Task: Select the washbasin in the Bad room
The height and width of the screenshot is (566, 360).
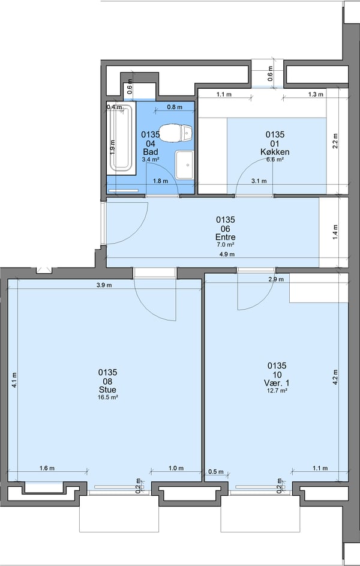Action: (184, 164)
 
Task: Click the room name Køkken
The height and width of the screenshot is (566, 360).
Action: (275, 152)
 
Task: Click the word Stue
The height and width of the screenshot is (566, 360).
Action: (107, 389)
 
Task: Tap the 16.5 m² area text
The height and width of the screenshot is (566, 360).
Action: (107, 397)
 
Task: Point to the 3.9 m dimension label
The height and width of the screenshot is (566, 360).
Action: (104, 285)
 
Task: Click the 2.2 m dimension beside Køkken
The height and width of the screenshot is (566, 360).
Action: (336, 140)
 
